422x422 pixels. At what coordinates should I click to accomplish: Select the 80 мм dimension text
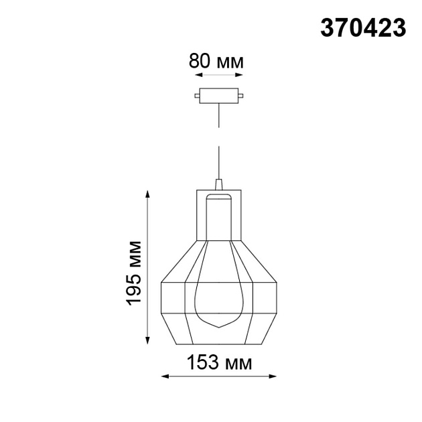point(216,62)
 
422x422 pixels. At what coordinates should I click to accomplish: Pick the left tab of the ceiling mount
point(196,96)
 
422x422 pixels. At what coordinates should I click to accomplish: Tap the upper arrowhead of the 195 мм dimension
point(148,195)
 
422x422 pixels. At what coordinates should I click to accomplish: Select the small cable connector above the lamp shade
point(218,184)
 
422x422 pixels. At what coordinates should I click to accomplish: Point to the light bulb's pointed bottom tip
point(218,326)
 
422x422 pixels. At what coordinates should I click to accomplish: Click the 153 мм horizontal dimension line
point(218,377)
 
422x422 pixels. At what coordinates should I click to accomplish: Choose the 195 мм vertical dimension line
point(148,268)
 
